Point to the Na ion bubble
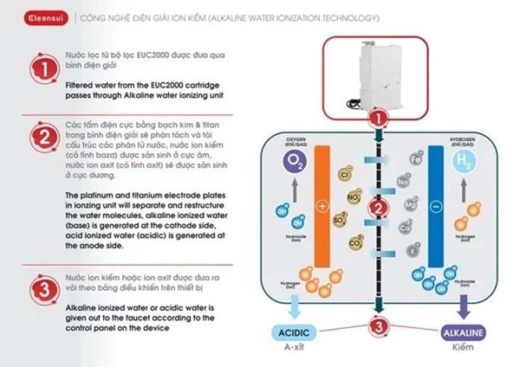click(404, 181)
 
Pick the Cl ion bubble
click(344, 176)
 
